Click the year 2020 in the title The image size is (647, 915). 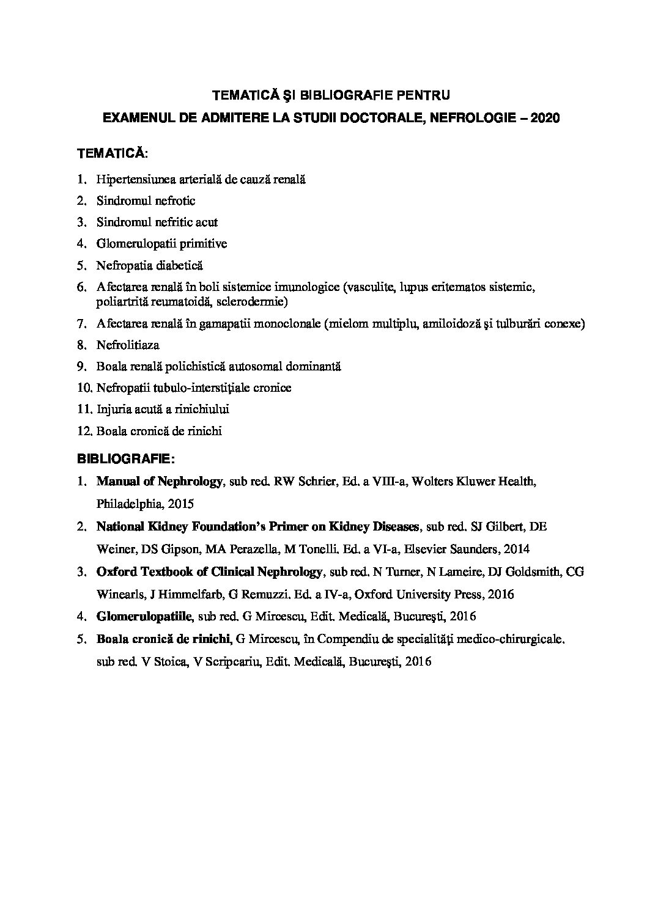point(545,118)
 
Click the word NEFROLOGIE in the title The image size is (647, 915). point(473,118)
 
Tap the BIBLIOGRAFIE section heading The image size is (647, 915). point(126,458)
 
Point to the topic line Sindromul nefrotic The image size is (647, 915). point(146,200)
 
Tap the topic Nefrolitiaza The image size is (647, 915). point(127,345)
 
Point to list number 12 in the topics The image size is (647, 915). point(84,431)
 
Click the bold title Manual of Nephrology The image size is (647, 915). point(159,482)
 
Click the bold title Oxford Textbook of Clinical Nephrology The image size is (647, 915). point(209,571)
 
